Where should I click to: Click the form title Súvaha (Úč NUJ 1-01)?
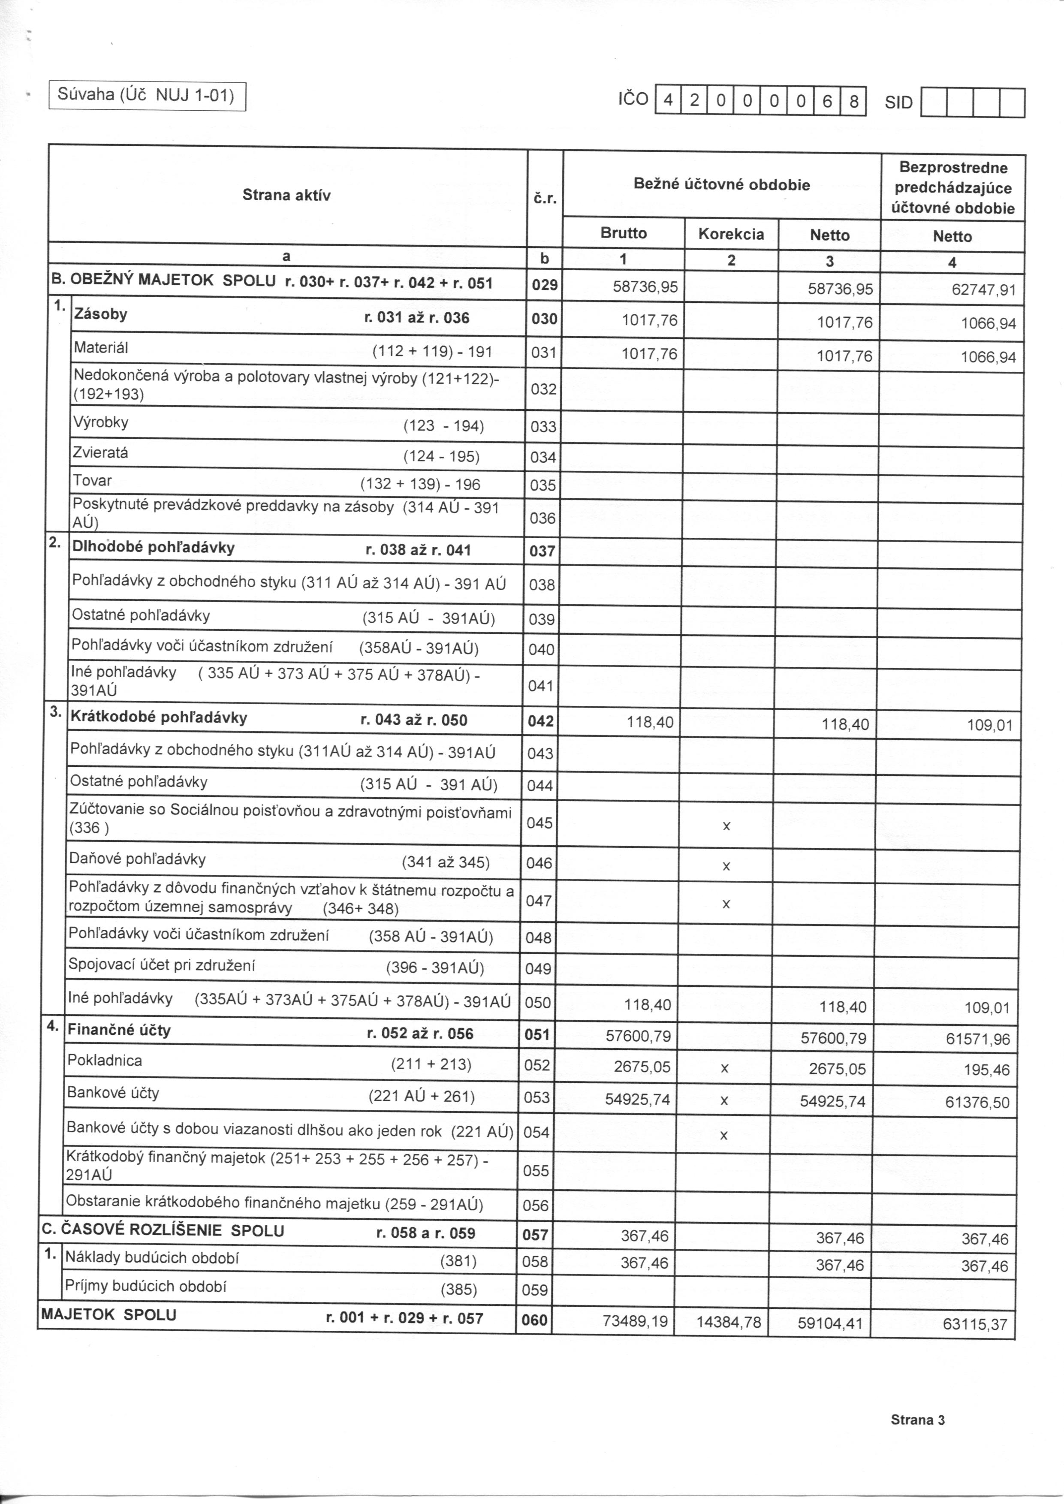pos(146,96)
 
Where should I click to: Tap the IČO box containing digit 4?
pos(668,101)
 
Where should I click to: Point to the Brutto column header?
pos(623,233)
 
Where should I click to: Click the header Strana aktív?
pos(286,195)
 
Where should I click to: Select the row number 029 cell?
pos(545,285)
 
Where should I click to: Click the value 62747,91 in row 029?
pos(983,289)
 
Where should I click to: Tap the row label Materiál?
pos(101,348)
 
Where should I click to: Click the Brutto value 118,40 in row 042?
pos(650,723)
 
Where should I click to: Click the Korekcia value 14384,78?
pos(729,1322)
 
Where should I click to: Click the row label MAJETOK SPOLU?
pos(109,1315)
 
